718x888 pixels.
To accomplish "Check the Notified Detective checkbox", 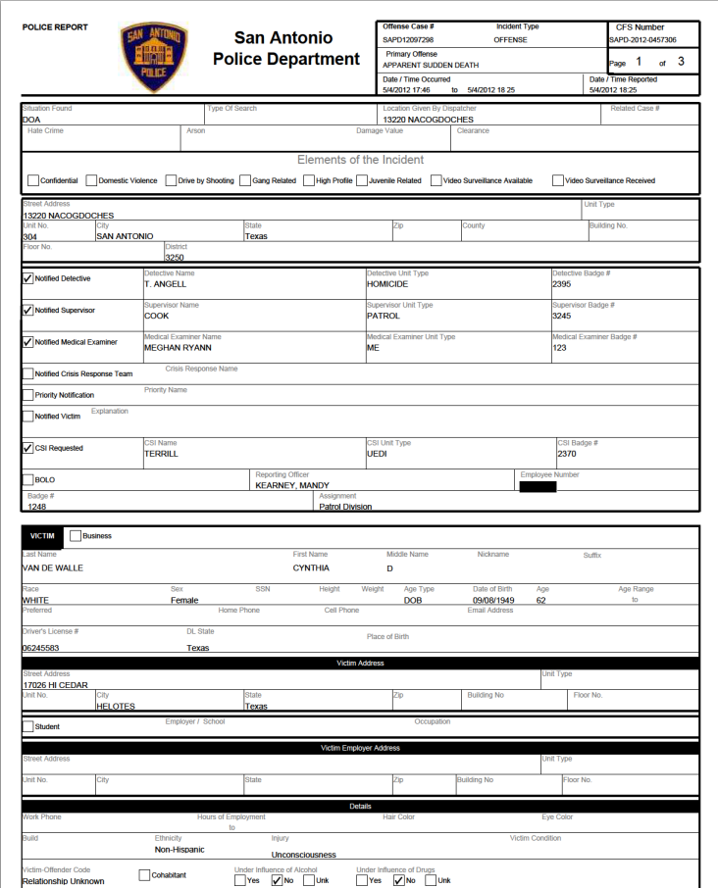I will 27,278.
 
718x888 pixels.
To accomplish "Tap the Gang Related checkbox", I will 245,180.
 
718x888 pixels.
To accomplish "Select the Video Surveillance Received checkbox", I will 557,180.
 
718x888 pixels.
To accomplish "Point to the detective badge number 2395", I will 561,284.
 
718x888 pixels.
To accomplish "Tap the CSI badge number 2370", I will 567,454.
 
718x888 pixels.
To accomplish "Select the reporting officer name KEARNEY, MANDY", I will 292,485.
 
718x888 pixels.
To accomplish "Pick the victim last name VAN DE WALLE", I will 53,567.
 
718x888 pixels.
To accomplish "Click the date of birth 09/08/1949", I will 492,600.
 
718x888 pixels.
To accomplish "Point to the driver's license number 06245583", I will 41,648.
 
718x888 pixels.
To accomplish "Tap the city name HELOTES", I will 116,706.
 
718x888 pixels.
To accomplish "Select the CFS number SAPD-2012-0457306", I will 641,40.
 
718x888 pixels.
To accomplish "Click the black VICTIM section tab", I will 42,536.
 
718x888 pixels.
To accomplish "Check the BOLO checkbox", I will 27,480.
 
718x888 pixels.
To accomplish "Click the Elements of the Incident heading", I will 360,160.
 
